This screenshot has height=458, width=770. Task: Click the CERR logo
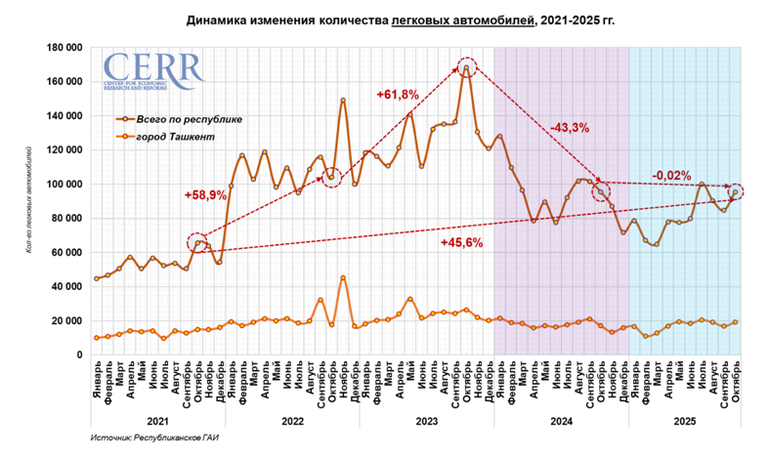click(x=153, y=72)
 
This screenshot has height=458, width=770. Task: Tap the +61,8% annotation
click(x=398, y=95)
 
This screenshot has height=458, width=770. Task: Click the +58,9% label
click(x=205, y=195)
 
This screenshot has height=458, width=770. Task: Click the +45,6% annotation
click(x=462, y=243)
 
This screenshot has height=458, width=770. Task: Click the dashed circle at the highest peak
click(x=467, y=67)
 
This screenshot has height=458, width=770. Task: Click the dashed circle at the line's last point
click(x=735, y=191)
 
